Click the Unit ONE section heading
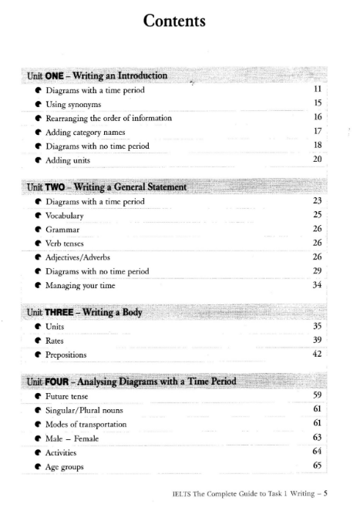click(96, 76)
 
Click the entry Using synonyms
click(76, 103)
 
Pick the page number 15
click(316, 103)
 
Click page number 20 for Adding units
click(316, 160)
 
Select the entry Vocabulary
click(69, 215)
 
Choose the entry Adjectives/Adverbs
click(83, 257)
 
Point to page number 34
click(316, 284)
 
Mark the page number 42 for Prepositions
click(316, 354)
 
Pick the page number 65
click(316, 466)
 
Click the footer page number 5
click(327, 496)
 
